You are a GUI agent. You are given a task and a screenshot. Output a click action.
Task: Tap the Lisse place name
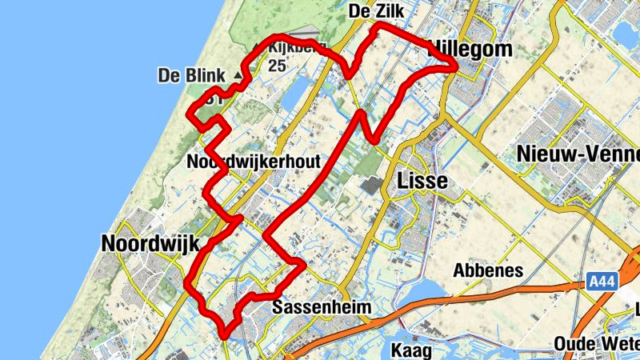click(x=422, y=181)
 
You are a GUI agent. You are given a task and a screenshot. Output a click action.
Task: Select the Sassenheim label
click(x=323, y=307)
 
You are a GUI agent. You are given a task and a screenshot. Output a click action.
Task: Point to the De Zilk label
click(x=380, y=11)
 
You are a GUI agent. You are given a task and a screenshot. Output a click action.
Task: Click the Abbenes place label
click(x=488, y=270)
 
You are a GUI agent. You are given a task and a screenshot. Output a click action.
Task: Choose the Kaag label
click(x=412, y=350)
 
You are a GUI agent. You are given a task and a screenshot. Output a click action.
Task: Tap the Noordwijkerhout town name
click(x=253, y=162)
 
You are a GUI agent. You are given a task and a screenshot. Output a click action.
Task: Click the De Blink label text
click(x=191, y=76)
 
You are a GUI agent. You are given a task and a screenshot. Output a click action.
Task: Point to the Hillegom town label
click(x=472, y=50)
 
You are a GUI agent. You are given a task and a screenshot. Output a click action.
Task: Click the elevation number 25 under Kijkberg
click(x=278, y=66)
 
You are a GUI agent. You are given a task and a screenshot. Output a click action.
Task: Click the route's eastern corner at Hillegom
click(x=456, y=69)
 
